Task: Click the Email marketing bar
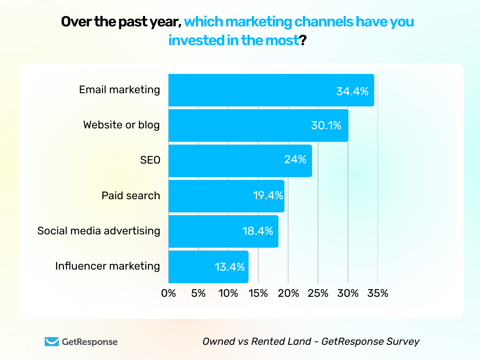(271, 90)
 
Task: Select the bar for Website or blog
(258, 125)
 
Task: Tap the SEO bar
(240, 160)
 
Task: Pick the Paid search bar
(226, 196)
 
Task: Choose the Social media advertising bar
(223, 231)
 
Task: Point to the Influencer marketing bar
(208, 266)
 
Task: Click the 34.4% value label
(352, 92)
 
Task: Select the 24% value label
(295, 160)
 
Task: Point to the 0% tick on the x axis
(169, 293)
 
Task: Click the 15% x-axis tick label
(258, 293)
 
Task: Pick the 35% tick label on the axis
(378, 293)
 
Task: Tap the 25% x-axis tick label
(318, 293)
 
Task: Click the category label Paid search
(130, 196)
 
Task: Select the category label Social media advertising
(99, 231)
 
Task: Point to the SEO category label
(150, 160)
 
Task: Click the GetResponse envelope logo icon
(51, 342)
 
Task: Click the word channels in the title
(322, 22)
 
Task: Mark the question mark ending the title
(303, 40)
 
